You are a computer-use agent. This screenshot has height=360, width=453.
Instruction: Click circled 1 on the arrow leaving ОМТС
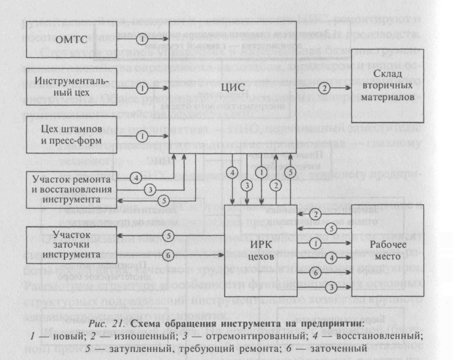pyautogui.click(x=142, y=41)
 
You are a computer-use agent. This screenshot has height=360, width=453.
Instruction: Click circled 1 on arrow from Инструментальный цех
pyautogui.click(x=142, y=87)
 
